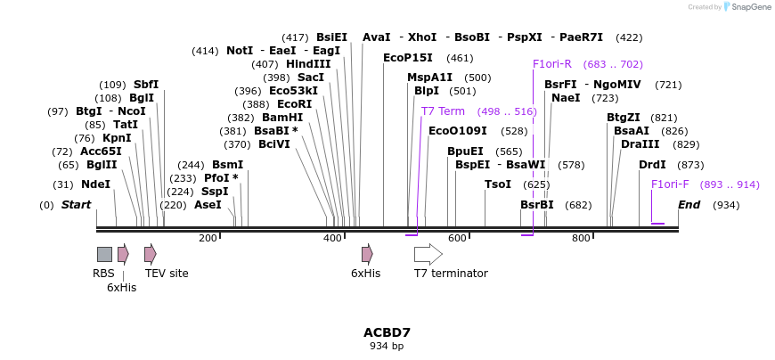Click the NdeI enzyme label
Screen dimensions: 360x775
click(x=95, y=184)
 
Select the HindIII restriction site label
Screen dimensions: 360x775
click(x=308, y=64)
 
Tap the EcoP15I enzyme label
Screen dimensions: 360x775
click(x=408, y=58)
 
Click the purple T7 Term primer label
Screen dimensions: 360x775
click(x=443, y=111)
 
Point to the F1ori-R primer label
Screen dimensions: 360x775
click(x=552, y=64)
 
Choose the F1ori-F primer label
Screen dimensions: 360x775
click(x=670, y=184)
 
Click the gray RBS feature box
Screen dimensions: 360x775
click(x=104, y=254)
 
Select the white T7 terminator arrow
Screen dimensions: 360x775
click(x=428, y=254)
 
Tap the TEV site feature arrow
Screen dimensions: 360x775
click(x=150, y=254)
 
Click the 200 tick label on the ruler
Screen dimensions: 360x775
click(x=208, y=238)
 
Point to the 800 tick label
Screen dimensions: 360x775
click(x=581, y=238)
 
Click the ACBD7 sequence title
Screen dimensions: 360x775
click(x=387, y=332)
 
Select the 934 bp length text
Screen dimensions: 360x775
click(x=387, y=346)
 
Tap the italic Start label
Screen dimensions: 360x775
click(x=76, y=205)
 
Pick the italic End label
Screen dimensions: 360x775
click(x=689, y=205)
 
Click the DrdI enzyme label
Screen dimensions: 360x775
click(x=652, y=165)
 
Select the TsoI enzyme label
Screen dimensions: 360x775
click(x=498, y=184)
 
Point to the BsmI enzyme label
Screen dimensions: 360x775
click(x=227, y=165)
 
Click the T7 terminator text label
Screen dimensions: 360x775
click(x=451, y=274)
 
